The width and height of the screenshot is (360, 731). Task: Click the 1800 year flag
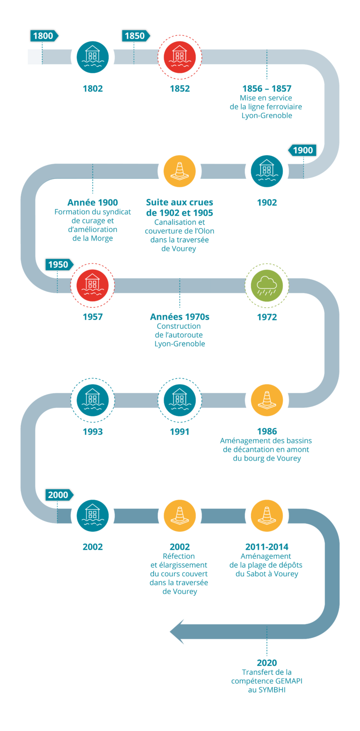pyautogui.click(x=43, y=36)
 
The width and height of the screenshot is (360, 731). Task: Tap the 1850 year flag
pyautogui.click(x=135, y=36)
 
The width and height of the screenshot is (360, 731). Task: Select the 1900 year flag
pyautogui.click(x=302, y=150)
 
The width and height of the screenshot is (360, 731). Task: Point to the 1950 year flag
pyautogui.click(x=58, y=265)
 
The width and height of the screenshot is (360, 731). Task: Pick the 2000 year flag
pyautogui.click(x=58, y=495)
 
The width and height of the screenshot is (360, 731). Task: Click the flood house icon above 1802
pyautogui.click(x=92, y=57)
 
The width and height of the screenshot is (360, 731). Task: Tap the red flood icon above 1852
pyautogui.click(x=180, y=57)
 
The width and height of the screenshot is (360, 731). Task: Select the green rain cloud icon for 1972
pyautogui.click(x=267, y=286)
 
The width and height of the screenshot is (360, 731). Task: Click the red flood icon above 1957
pyautogui.click(x=92, y=286)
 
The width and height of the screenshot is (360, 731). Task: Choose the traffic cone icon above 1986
pyautogui.click(x=267, y=400)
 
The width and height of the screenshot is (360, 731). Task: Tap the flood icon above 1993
pyautogui.click(x=92, y=400)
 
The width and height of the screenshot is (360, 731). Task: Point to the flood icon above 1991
pyautogui.click(x=180, y=400)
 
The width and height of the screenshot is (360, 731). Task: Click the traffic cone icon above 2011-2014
pyautogui.click(x=267, y=515)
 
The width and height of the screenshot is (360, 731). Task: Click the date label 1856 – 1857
pyautogui.click(x=267, y=89)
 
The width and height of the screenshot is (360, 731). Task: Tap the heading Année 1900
pyautogui.click(x=92, y=203)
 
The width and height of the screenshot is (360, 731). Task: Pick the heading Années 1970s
pyautogui.click(x=180, y=317)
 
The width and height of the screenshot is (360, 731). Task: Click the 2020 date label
pyautogui.click(x=267, y=663)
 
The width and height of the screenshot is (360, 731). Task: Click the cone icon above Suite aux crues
pyautogui.click(x=180, y=171)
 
